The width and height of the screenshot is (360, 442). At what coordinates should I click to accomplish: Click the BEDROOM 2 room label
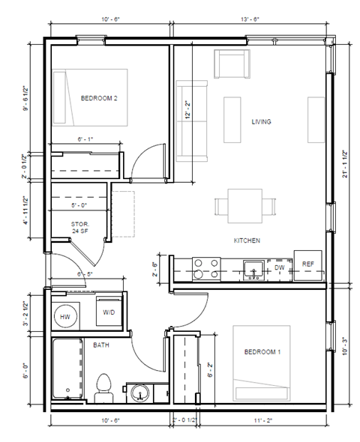click(99, 97)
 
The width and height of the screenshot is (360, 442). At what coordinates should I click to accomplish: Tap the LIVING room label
click(260, 121)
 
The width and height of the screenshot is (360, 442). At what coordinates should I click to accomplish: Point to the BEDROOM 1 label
click(262, 351)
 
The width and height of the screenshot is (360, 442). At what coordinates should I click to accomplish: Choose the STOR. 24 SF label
click(80, 228)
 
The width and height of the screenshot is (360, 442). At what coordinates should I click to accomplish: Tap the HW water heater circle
click(65, 316)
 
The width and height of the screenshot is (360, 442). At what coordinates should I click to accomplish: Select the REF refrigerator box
click(307, 264)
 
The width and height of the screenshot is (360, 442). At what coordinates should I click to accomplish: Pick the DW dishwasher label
click(279, 267)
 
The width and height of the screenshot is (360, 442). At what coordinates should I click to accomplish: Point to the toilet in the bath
click(103, 386)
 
